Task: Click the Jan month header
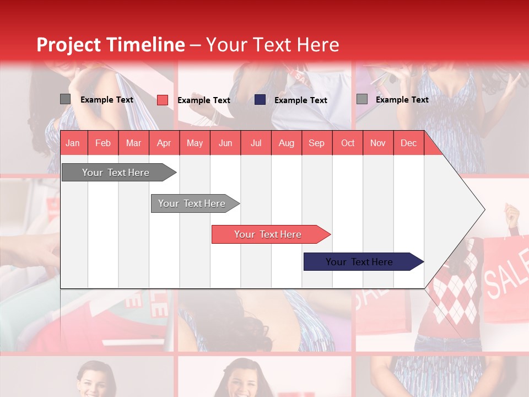coord(73,143)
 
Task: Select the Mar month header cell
coord(133,143)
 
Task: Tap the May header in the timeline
coord(195,143)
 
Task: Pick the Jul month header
coord(256,143)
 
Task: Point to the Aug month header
coord(286,143)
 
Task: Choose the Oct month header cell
coord(348,143)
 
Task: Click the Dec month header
coord(408,143)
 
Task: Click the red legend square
coord(163,100)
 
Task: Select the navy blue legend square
coord(260,100)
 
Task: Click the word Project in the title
coord(68,45)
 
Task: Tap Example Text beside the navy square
coord(300,100)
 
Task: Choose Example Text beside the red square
coord(203,100)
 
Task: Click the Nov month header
coord(378,143)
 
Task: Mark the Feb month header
coord(103,143)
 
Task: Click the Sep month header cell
coord(316,143)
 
